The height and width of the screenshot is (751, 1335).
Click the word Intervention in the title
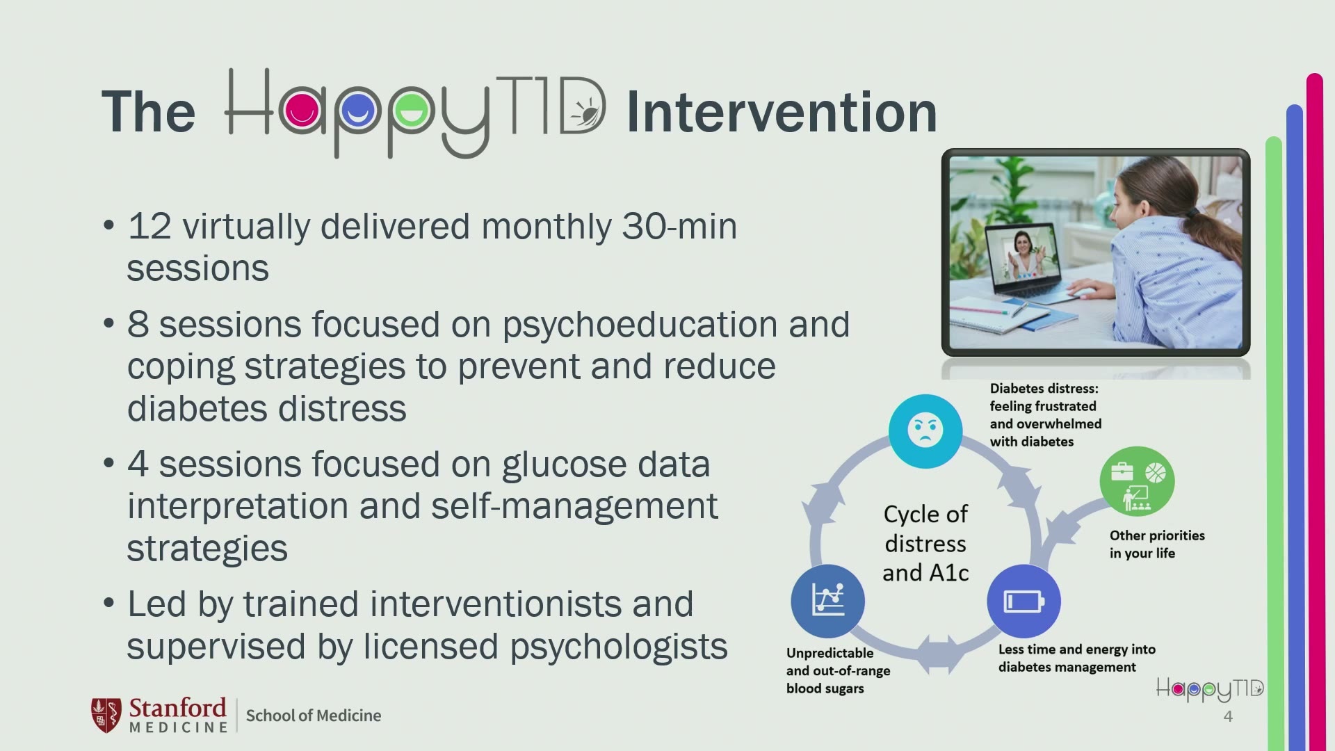coord(782,112)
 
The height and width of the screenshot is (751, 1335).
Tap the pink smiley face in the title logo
coord(302,110)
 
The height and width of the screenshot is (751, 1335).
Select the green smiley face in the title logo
coord(412,110)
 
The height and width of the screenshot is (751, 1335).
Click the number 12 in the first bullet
coord(149,227)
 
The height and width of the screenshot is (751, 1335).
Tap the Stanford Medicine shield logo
coord(106,715)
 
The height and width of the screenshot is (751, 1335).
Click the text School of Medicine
coord(314,716)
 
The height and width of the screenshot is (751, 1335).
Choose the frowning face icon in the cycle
coord(925,430)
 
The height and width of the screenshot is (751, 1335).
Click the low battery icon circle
coord(1023,601)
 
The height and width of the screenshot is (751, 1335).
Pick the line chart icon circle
coord(827,601)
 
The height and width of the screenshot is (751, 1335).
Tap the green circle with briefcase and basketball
coord(1137,481)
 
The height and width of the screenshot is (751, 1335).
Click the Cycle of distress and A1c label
coord(925,543)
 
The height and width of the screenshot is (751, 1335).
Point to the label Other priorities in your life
coord(1157,544)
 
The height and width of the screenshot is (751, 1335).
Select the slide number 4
coord(1228,717)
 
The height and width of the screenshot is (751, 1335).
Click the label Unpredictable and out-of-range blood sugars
coord(838,671)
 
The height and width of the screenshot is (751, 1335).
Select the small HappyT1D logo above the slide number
coord(1210,689)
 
